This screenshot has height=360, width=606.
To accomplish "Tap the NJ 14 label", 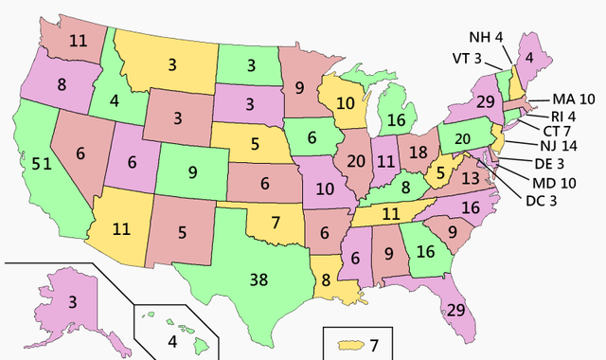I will (556, 147).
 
